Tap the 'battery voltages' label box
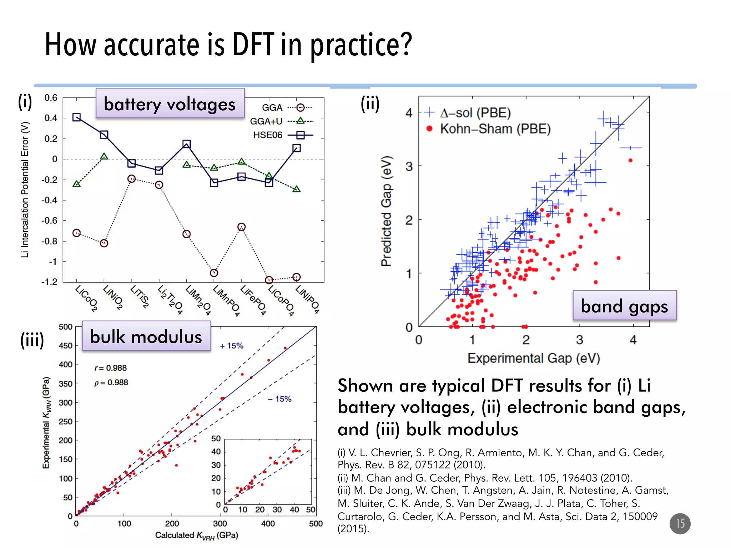tap(170, 104)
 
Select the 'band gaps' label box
tap(624, 306)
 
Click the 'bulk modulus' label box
tap(146, 336)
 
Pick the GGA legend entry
tap(286, 107)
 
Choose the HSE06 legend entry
tap(282, 135)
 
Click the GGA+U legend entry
tap(281, 121)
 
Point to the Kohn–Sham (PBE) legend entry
tap(489, 129)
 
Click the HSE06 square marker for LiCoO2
tap(76, 117)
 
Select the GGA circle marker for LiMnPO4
tap(214, 273)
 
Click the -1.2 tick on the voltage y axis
tap(49, 282)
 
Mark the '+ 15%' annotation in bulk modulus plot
tap(231, 346)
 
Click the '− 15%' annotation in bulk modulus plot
tap(279, 399)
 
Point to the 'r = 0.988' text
tap(110, 368)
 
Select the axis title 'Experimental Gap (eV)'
tap(534, 358)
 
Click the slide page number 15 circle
tap(680, 523)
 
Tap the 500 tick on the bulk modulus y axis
tap(65, 327)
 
